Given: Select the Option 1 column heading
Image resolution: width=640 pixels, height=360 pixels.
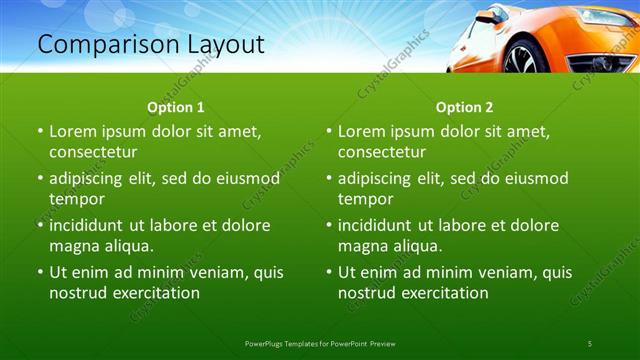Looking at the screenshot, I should click(x=176, y=107).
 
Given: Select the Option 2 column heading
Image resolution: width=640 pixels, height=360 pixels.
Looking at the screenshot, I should click(x=465, y=107).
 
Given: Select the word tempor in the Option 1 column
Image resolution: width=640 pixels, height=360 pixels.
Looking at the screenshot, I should click(x=76, y=199).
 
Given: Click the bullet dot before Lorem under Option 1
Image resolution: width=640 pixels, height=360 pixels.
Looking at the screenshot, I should click(x=40, y=132).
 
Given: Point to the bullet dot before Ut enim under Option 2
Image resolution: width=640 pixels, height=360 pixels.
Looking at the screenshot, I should click(x=329, y=273).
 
